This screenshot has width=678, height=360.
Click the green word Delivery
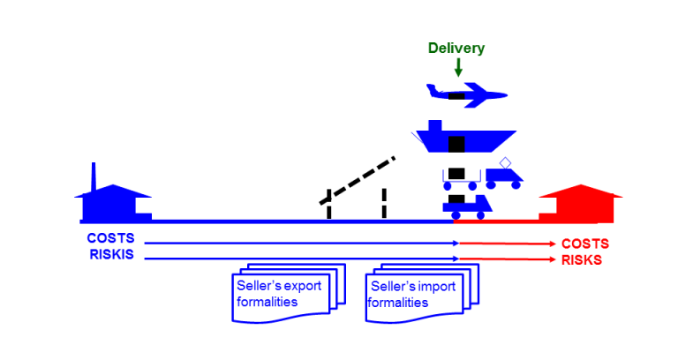(456, 49)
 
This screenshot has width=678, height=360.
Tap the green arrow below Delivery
(457, 67)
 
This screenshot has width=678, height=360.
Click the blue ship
(463, 140)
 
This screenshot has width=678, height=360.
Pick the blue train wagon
(464, 206)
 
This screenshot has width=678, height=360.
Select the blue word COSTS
(110, 238)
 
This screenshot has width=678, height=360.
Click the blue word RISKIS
(110, 255)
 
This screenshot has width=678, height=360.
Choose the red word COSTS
(584, 244)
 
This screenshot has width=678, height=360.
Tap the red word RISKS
(583, 260)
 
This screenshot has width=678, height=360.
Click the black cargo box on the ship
(456, 143)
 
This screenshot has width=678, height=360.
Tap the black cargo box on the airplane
(456, 94)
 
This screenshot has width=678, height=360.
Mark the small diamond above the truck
(506, 162)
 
